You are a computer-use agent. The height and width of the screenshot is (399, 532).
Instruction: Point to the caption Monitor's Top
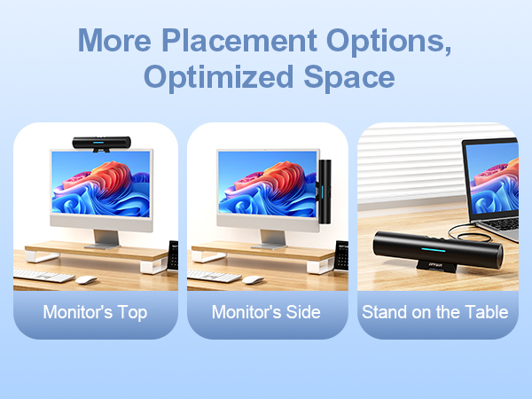click(x=96, y=312)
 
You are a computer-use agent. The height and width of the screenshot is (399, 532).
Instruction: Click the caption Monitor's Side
click(x=267, y=312)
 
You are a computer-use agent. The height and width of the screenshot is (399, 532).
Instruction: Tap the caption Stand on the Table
click(x=434, y=312)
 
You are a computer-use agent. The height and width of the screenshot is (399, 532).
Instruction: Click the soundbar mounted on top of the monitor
click(x=102, y=142)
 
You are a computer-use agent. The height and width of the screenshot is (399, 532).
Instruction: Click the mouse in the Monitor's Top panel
click(x=86, y=279)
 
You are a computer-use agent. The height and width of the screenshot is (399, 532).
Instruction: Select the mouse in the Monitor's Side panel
click(x=254, y=279)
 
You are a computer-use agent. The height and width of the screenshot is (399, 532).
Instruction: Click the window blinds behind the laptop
click(x=408, y=160)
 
